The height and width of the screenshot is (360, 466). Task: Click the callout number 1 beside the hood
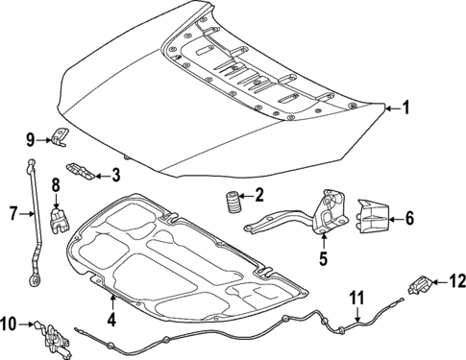[405, 108]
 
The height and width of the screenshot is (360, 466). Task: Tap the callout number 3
[115, 174]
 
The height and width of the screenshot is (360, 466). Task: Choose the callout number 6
[409, 218]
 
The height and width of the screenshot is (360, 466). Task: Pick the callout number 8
[56, 183]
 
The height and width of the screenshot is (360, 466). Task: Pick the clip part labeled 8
[60, 216]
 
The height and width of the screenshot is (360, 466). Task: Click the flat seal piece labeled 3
[86, 173]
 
